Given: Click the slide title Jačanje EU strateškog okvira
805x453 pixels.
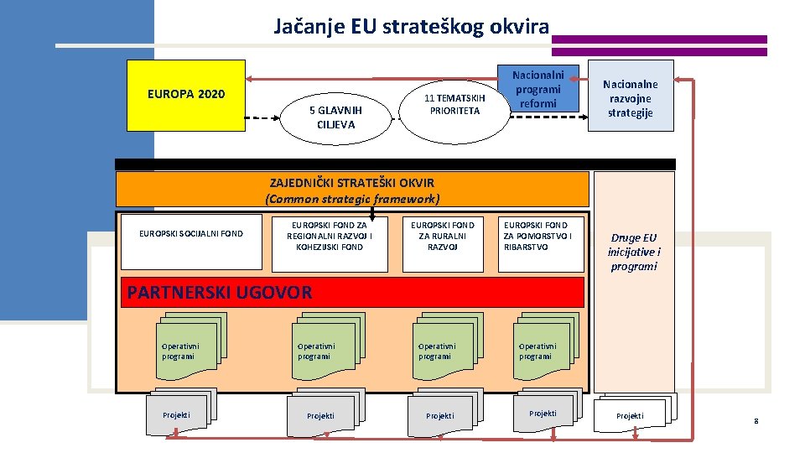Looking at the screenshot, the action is [411, 26].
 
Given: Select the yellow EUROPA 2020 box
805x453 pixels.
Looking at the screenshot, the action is [185, 95].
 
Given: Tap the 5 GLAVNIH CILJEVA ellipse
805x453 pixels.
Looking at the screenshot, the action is [335, 117].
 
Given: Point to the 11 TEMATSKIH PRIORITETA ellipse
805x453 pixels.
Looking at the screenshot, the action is [454, 104].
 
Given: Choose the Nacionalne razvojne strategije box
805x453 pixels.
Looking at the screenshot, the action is [631, 97].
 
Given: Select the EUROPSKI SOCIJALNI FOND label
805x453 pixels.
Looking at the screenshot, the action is [192, 233].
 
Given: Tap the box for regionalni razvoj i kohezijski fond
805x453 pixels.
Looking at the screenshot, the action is [330, 236].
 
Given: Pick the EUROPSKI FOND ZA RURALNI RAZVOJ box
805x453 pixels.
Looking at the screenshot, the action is [442, 236].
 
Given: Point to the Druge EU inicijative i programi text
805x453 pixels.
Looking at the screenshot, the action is [634, 252].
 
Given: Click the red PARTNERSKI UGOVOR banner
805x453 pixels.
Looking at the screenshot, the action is [352, 292].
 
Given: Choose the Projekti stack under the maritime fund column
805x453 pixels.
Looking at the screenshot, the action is [543, 409].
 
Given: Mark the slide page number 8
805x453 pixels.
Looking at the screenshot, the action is [756, 420].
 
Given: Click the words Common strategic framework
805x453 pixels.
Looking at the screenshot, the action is [352, 199].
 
